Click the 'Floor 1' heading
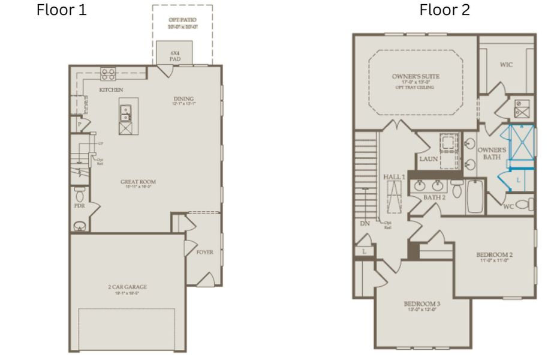click(x=62, y=10)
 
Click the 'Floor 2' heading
click(x=444, y=10)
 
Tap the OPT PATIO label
click(x=182, y=20)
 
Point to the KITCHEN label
click(x=112, y=90)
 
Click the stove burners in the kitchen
click(x=108, y=74)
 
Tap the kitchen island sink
click(x=126, y=110)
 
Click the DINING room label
click(x=184, y=100)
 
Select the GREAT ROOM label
click(x=137, y=182)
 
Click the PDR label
click(x=79, y=205)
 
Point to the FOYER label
click(x=204, y=252)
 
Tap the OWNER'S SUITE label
click(x=416, y=77)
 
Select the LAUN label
click(x=429, y=159)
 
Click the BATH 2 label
click(x=435, y=197)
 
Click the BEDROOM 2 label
click(x=495, y=254)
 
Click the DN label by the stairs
click(x=365, y=224)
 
